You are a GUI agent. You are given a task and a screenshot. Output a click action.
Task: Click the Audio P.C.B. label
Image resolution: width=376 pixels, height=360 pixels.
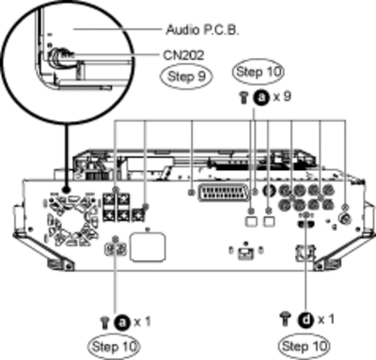pos(202,30)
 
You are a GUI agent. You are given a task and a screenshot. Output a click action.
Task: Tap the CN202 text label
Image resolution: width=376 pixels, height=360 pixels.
pos(183,55)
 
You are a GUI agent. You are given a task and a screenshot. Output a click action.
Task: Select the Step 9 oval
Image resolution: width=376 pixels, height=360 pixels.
pos(186,76)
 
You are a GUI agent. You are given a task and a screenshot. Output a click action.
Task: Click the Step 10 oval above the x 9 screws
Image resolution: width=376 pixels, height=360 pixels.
pos(258,71)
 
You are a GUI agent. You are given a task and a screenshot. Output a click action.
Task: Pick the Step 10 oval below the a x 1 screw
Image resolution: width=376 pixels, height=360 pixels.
pos(114,347)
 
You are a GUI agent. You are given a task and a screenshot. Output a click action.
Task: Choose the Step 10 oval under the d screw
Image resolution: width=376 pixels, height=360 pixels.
pos(305,346)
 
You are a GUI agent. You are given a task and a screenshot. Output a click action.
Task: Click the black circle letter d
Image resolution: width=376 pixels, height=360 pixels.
pos(306,321)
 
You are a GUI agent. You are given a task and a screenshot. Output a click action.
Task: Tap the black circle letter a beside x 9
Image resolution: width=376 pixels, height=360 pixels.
pos(262,98)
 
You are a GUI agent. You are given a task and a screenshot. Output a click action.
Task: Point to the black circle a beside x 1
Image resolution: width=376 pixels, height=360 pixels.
pos(122,321)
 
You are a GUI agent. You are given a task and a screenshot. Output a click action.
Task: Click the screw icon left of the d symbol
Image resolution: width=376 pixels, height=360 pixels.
pos(285,319)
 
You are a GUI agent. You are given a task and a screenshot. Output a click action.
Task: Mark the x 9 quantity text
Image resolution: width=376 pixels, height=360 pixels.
pos(282,97)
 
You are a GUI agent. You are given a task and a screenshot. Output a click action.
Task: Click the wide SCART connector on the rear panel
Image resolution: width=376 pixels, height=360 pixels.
pos(223,193)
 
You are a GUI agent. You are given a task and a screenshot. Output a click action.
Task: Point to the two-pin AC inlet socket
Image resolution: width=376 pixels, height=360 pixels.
pos(116,249)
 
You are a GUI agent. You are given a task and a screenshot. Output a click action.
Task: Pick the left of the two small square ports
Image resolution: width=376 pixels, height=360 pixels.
pos(251,221)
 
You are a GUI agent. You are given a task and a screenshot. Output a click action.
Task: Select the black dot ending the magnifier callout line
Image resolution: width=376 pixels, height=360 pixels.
pos(66,190)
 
